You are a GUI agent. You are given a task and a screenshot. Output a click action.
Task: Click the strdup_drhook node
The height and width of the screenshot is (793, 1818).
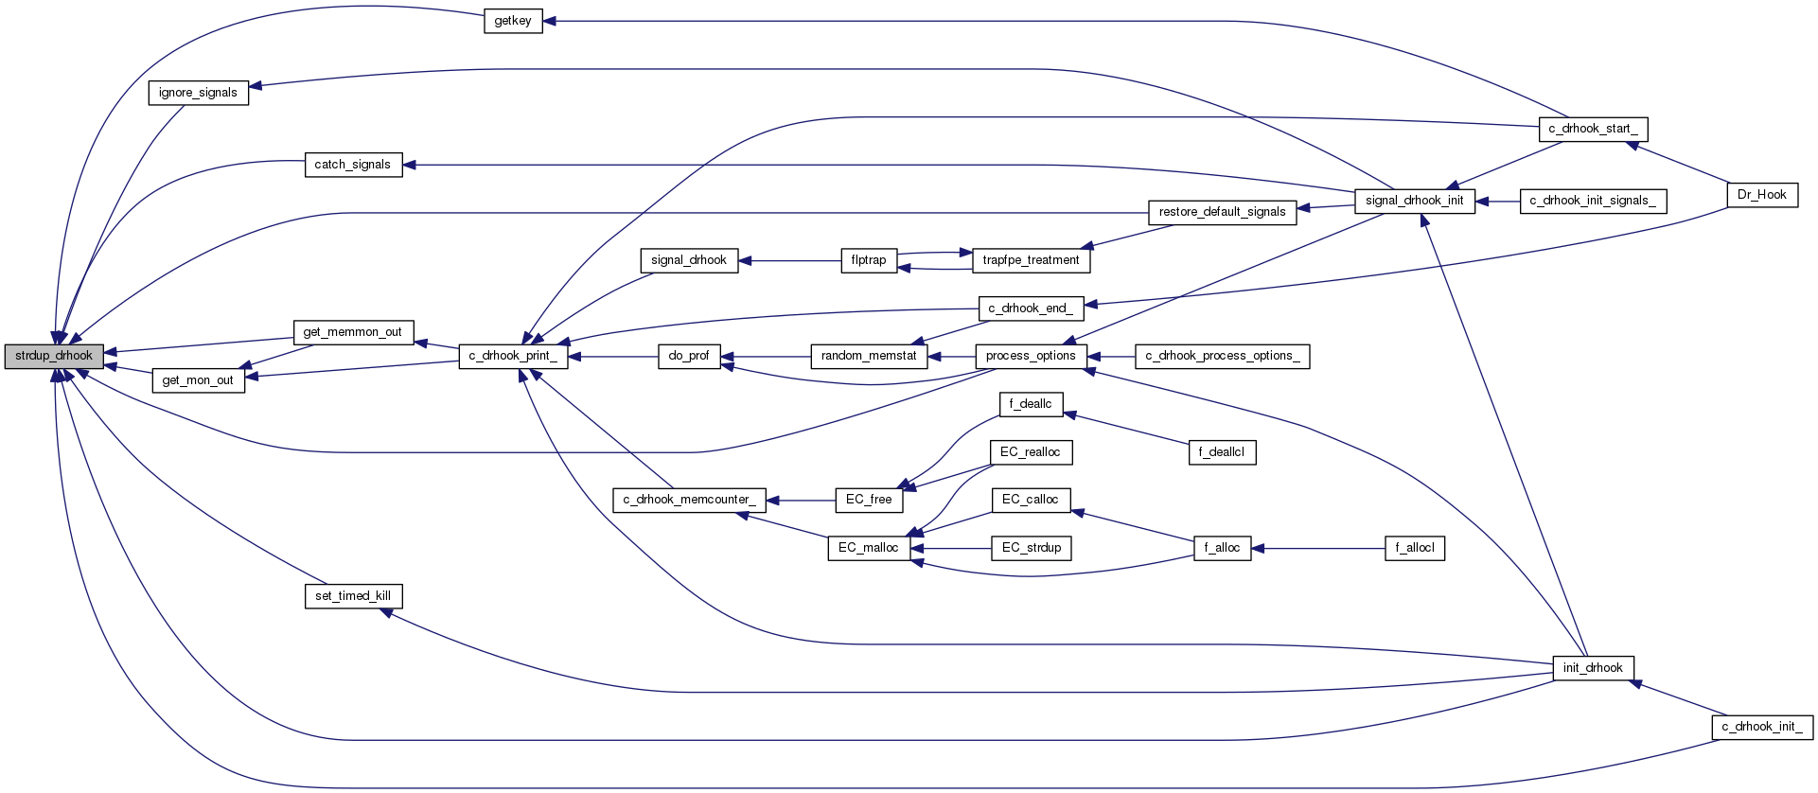tap(54, 356)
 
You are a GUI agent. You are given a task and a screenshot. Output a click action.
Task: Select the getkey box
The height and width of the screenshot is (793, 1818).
tap(513, 21)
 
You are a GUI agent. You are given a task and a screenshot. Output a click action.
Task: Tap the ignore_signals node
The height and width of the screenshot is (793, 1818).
tap(198, 93)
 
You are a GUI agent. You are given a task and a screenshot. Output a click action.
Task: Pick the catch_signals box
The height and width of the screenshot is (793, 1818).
tap(352, 165)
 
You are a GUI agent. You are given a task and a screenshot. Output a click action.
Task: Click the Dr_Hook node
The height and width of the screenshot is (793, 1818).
tap(1761, 195)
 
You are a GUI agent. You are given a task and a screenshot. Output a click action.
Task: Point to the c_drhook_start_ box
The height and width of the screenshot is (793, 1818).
tap(1593, 129)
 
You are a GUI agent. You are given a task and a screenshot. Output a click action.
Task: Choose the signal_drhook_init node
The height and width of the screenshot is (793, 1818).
tap(1414, 201)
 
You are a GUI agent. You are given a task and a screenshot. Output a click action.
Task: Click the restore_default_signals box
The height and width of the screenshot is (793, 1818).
tap(1222, 212)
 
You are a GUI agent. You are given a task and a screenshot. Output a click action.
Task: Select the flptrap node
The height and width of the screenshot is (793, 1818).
tap(868, 260)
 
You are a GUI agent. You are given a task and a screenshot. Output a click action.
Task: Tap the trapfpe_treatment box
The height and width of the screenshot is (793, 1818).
tap(1031, 260)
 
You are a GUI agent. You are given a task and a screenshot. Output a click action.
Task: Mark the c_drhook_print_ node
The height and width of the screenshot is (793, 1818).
tap(513, 356)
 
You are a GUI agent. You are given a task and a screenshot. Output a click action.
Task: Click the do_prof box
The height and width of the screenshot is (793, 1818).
tap(688, 356)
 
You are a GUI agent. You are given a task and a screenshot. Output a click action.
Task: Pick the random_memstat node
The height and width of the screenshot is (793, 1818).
tap(868, 356)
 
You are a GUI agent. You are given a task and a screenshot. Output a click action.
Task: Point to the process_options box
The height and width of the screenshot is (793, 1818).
tap(1031, 356)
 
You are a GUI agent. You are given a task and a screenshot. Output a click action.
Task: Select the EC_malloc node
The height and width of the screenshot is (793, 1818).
tap(868, 548)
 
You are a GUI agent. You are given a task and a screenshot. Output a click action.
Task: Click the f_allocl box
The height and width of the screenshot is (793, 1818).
tap(1414, 548)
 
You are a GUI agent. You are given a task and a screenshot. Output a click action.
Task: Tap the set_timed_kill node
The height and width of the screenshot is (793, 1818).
tap(352, 596)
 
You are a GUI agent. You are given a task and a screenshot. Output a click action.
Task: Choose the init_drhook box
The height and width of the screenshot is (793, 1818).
tap(1593, 668)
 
